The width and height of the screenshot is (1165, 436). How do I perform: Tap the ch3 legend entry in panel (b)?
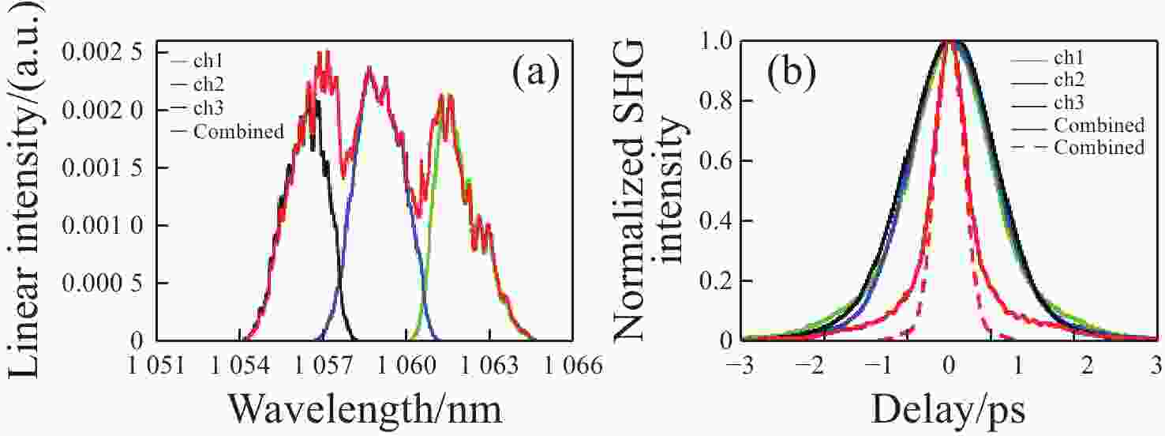[1069, 102]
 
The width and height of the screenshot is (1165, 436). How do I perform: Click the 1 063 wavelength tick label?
[490, 366]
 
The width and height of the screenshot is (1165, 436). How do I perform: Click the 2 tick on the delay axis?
[1087, 366]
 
